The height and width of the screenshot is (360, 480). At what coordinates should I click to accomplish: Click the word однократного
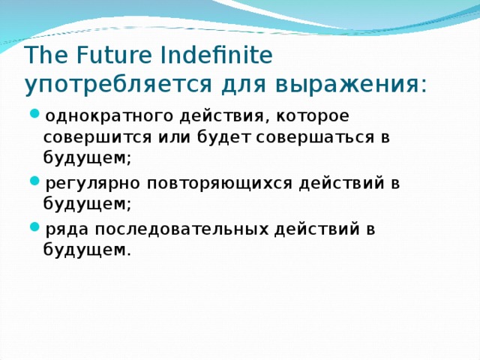click(x=109, y=116)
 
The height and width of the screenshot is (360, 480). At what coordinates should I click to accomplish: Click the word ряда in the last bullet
click(x=65, y=229)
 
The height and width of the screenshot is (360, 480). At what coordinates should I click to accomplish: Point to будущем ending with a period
click(x=87, y=250)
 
